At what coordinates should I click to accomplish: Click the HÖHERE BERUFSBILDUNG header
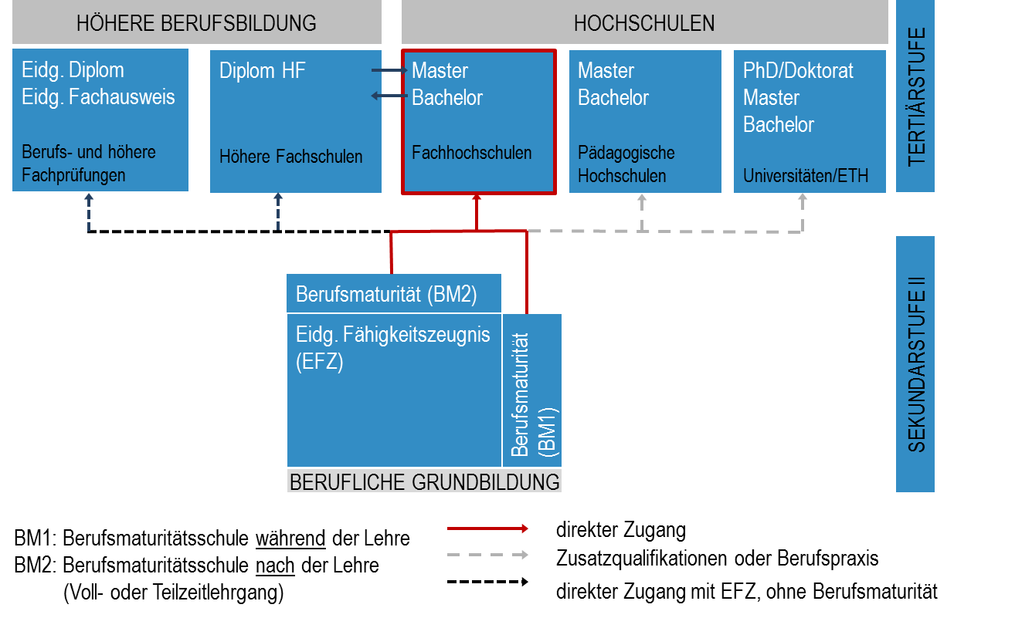196,23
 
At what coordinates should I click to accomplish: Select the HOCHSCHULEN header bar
644,23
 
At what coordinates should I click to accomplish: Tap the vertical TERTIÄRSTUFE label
915,96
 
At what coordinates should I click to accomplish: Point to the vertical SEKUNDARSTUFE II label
915,363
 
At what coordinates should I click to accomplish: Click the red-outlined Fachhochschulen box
478,122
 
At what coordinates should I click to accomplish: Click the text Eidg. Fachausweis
98,97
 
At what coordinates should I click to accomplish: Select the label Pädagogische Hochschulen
626,164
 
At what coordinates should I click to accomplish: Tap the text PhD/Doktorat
798,71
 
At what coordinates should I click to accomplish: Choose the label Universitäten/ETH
806,176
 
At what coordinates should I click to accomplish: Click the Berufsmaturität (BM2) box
393,294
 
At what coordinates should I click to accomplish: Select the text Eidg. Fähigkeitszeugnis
393,335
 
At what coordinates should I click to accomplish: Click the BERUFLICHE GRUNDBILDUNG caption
424,482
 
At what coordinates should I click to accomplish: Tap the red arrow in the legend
487,529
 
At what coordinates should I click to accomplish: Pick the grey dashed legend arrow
487,556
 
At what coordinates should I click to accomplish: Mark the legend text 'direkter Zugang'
620,530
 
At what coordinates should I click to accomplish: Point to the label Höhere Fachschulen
290,157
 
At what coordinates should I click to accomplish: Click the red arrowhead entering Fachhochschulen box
477,199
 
